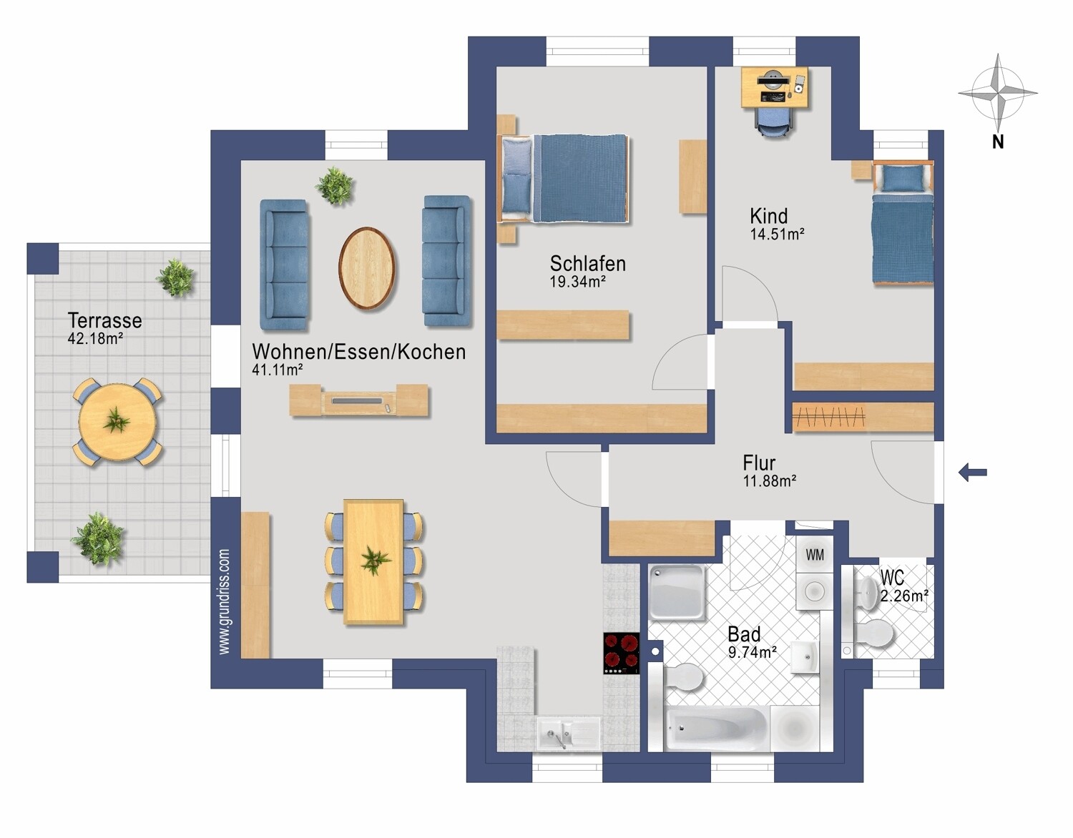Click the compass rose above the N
click(997, 93)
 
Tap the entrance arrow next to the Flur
click(973, 473)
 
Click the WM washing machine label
click(815, 556)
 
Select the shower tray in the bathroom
click(677, 592)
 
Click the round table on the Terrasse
click(117, 422)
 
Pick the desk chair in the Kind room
click(774, 122)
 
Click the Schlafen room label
click(587, 264)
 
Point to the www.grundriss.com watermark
click(224, 602)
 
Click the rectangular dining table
click(373, 562)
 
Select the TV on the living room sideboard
click(358, 400)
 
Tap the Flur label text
click(759, 463)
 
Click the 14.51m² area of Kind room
click(777, 234)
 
